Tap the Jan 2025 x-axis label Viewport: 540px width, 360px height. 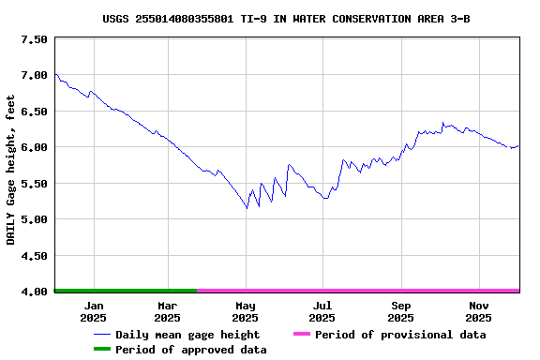click(94, 311)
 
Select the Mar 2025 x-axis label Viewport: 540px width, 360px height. click(167, 311)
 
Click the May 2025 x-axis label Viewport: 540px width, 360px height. click(246, 311)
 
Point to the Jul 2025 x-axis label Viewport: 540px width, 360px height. click(322, 311)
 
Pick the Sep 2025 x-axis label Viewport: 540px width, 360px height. click(401, 311)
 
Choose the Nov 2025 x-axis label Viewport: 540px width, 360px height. click(479, 311)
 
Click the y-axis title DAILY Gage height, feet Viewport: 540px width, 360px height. click(11, 170)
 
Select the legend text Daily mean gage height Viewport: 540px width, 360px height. click(187, 335)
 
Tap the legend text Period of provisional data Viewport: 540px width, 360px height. click(400, 335)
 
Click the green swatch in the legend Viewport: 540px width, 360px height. click(101, 350)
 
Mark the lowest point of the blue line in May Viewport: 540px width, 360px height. click(247, 207)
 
